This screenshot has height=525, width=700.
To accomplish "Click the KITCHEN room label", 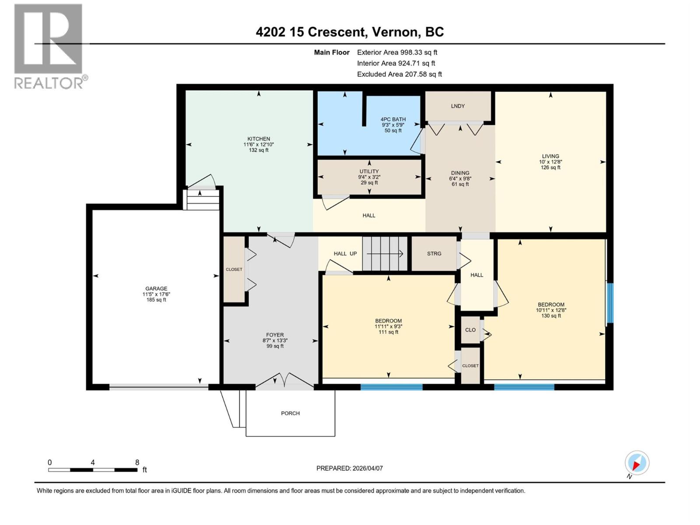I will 259,139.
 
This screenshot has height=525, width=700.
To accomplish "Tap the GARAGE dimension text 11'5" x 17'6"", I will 156,294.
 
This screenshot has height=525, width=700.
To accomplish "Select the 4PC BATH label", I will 393,119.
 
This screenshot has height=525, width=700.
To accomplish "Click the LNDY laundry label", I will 458,106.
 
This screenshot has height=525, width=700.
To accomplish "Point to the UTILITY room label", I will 369,171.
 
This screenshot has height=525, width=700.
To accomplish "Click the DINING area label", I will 460,173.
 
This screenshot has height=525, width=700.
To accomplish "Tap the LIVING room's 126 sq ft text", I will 550,168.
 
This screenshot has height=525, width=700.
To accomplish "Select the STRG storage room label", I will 434,253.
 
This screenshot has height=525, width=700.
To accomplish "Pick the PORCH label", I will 290,413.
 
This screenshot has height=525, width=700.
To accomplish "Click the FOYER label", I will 275,335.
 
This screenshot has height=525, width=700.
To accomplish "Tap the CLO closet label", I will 470,330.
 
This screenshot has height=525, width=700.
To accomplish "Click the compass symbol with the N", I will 637,463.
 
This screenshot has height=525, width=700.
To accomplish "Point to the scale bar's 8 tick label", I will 137,462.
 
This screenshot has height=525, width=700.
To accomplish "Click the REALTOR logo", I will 49,46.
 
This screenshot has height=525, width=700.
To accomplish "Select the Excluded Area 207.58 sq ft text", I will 399,74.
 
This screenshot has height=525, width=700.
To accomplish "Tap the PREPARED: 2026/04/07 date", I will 350,468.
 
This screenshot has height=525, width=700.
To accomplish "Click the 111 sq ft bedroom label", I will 388,332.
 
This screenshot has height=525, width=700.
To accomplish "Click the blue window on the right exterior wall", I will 610,303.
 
